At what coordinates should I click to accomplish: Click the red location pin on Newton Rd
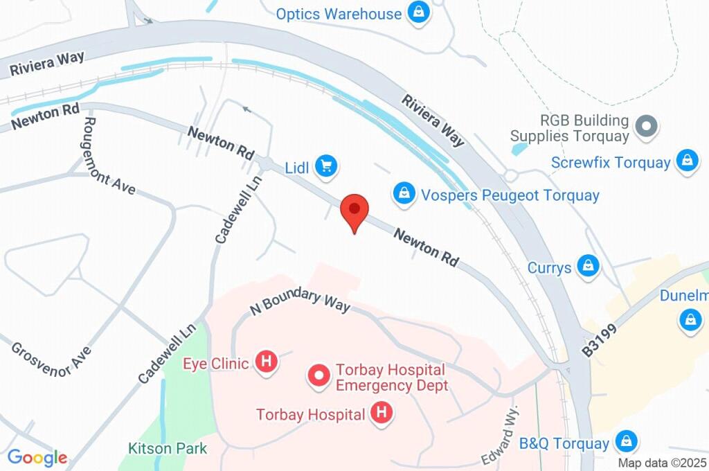354,209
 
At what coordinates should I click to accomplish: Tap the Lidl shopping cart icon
325,166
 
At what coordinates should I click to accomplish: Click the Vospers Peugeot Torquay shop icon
404,193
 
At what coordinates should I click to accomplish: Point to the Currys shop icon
589,265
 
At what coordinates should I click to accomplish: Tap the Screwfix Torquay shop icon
687,161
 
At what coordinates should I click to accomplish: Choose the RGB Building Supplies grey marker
647,126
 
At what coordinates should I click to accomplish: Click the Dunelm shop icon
690,319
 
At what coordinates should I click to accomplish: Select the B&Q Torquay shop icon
626,441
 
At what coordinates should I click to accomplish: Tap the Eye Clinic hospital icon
265,362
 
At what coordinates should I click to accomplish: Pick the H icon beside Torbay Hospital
380,414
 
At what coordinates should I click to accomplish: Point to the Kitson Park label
168,448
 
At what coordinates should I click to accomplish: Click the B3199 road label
598,340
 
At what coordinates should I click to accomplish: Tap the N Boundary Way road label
300,301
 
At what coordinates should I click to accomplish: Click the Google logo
37,457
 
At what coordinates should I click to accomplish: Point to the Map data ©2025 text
661,463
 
